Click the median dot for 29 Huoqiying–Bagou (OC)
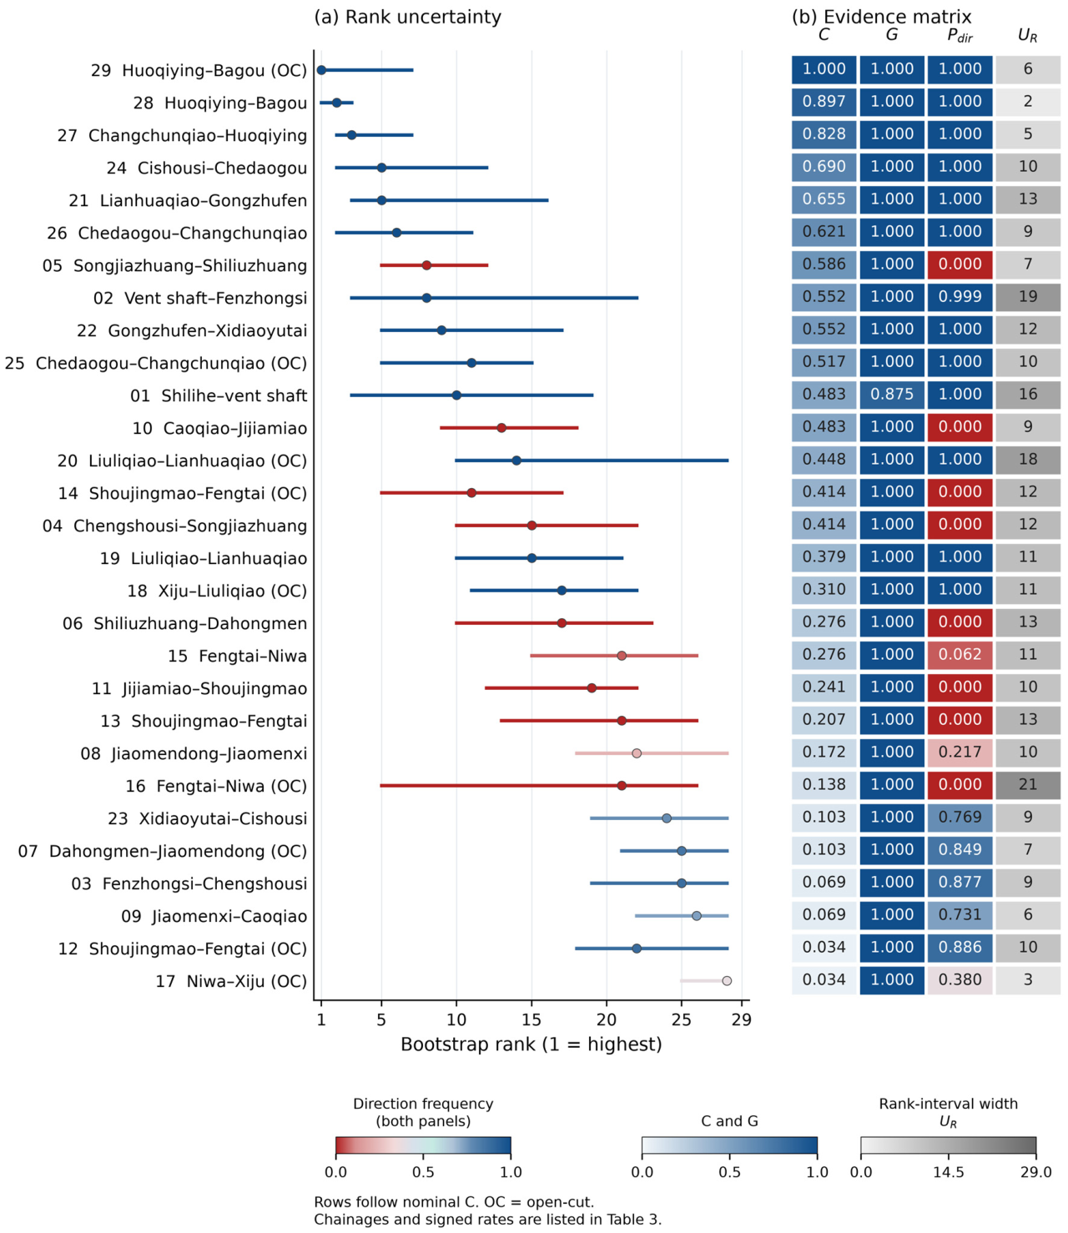[x=321, y=70]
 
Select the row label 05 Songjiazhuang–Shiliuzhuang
[x=175, y=265]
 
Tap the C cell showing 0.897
[x=824, y=102]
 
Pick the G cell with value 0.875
[x=892, y=395]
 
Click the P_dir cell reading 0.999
[x=960, y=296]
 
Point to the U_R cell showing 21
[x=1028, y=784]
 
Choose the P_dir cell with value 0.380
[x=960, y=979]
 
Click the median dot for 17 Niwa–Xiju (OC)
[x=727, y=981]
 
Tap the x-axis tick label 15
[x=531, y=1019]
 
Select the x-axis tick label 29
[x=742, y=1019]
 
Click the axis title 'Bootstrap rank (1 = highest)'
[x=531, y=1044]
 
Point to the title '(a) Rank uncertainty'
[x=408, y=18]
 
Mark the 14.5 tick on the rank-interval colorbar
[x=949, y=1172]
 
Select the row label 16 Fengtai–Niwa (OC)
[x=216, y=786]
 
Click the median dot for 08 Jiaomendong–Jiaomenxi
[x=637, y=753]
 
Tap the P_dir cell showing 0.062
[x=960, y=654]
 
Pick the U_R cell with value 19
[x=1028, y=296]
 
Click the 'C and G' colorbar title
[x=730, y=1121]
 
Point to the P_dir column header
[x=960, y=37]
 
